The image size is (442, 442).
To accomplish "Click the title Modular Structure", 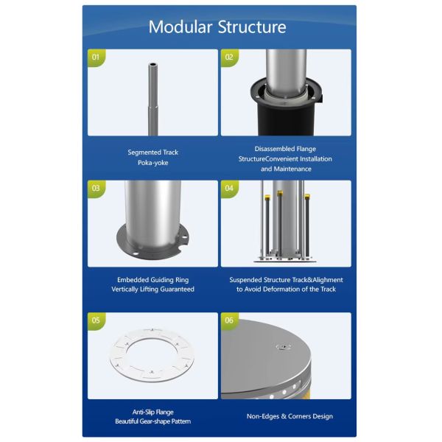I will tap(217, 27).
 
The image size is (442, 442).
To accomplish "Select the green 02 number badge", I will tap(229, 56).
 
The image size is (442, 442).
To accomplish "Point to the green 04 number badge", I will tap(229, 188).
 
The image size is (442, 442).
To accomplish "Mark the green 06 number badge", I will tap(229, 320).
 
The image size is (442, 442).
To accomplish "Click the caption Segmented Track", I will tap(152, 152).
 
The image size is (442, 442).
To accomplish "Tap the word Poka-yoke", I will tap(152, 163).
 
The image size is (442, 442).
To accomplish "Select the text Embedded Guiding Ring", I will tap(152, 280).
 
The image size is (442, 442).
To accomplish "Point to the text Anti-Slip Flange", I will tap(152, 412).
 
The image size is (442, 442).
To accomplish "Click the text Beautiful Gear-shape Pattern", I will tap(152, 421).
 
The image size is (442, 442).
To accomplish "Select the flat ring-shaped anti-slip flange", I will tap(152, 357).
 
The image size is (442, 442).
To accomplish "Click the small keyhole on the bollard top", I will tap(284, 346).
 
